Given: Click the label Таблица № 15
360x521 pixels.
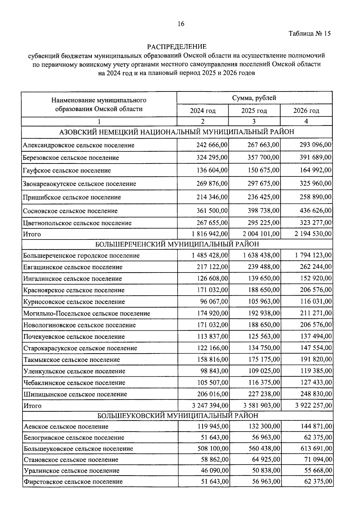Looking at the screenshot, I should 310,34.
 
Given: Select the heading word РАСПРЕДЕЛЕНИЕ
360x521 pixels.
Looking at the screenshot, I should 177,47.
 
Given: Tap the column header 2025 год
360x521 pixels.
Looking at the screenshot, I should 254,111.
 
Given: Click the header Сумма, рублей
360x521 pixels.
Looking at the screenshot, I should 254,98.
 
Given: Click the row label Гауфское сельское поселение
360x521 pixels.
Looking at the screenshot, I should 67,170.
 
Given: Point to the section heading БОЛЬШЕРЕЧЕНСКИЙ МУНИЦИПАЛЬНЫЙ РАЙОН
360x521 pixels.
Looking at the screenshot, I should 177,244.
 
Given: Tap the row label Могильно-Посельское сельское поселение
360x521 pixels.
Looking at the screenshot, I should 87,314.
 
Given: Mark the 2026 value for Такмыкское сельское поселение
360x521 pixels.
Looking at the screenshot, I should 316,360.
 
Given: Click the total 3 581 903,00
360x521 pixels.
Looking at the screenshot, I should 261,406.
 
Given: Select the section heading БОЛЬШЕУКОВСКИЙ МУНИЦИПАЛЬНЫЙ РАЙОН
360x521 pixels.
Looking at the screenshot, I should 178,416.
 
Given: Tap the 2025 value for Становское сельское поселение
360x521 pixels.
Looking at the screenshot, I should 266,459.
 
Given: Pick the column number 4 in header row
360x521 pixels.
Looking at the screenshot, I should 306,121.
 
